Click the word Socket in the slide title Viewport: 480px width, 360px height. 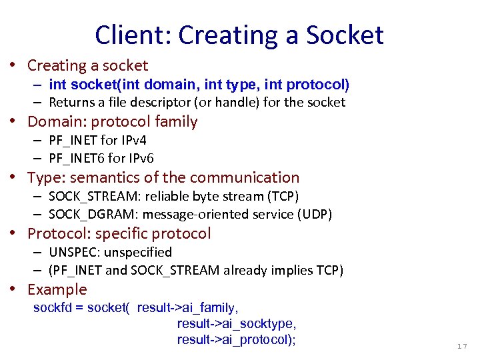coord(345,35)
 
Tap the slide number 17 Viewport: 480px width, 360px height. coord(462,346)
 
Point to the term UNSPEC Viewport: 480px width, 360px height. coord(71,252)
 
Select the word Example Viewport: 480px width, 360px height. coord(57,289)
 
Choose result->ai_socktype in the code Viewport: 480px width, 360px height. coord(235,323)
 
